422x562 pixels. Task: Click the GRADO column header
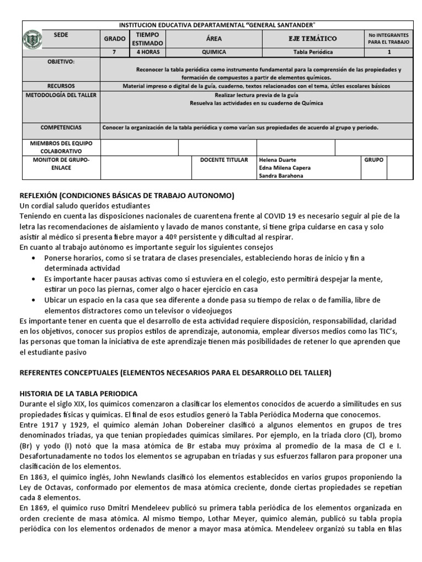tap(114, 39)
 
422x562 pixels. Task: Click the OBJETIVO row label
tap(61, 62)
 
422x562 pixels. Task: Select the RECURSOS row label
tap(61, 86)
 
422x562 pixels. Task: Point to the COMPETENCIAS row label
tap(61, 127)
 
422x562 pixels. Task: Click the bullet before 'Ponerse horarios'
tap(36, 258)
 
